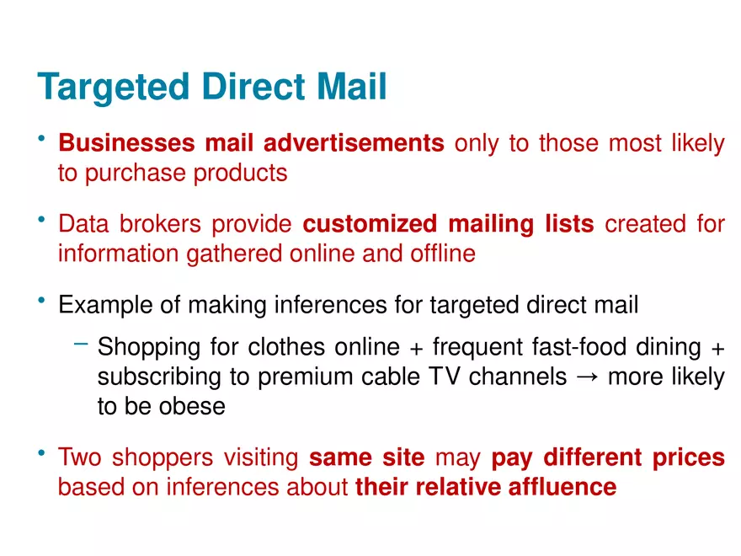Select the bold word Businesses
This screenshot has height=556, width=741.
(126, 142)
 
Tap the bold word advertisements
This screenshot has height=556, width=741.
(354, 142)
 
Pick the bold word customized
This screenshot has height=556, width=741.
(370, 223)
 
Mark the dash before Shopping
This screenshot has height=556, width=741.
(81, 345)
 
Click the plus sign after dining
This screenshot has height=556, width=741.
(717, 349)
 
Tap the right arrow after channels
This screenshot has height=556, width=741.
(588, 377)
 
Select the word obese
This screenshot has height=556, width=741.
(192, 406)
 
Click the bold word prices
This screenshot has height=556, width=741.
(689, 458)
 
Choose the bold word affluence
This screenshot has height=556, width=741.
(562, 487)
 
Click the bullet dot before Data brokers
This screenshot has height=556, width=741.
(41, 219)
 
